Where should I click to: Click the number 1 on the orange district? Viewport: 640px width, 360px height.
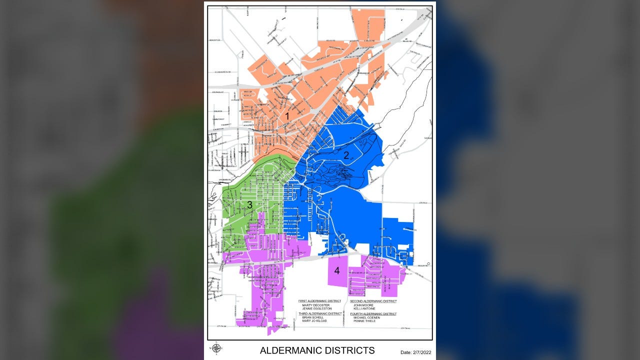[287, 116]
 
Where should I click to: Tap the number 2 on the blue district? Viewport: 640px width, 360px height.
[346, 155]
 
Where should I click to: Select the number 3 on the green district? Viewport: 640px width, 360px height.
[249, 205]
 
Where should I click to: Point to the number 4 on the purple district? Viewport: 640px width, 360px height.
[337, 271]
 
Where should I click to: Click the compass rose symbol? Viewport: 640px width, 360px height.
[216, 348]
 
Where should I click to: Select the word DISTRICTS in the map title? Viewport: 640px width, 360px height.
[352, 350]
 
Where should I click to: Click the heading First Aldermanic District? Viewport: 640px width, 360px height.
[319, 301]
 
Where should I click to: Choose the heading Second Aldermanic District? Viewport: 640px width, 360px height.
[373, 301]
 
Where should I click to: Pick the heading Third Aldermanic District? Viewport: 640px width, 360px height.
[320, 313]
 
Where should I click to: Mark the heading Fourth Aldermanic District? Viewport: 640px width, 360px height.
[373, 313]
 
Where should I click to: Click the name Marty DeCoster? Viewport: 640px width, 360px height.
[316, 305]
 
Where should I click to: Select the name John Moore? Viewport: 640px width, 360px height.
[363, 305]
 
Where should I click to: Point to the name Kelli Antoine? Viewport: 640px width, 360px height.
[364, 308]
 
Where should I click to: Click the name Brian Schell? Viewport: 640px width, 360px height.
[313, 317]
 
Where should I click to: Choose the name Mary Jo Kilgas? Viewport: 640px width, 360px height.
[314, 320]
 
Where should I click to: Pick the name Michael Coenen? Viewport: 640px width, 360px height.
[366, 317]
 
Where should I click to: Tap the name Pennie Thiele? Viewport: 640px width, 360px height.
[364, 320]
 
